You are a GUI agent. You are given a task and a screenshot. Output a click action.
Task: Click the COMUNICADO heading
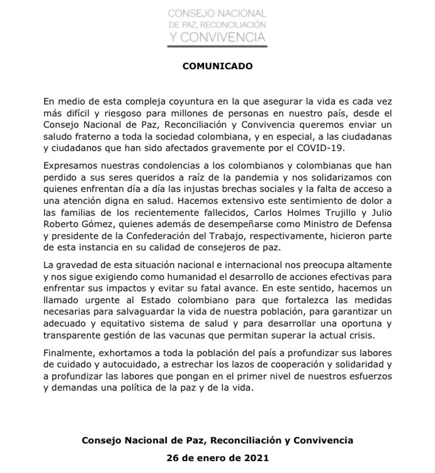[217, 65]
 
